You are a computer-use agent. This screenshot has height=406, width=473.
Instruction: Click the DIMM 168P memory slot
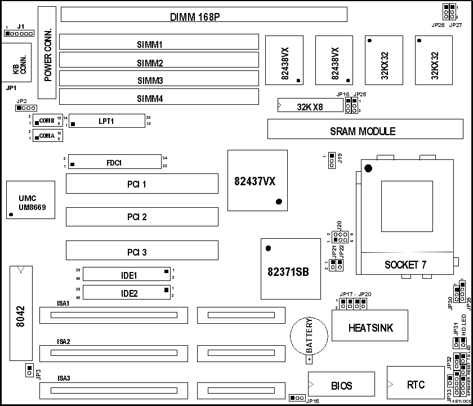coord(203,14)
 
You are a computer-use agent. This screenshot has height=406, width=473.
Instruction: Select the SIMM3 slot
coord(158,80)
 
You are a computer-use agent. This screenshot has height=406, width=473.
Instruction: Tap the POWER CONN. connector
coord(47,53)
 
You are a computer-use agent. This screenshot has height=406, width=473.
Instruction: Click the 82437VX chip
coord(257,180)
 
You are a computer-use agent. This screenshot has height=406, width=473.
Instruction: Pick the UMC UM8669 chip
coord(31,200)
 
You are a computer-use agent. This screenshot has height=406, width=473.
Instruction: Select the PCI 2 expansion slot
coord(142,217)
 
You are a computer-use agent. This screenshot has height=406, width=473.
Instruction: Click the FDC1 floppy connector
coord(115,163)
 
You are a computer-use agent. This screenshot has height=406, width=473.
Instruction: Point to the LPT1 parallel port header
coord(106,121)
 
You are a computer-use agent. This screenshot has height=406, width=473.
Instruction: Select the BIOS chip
coord(341,385)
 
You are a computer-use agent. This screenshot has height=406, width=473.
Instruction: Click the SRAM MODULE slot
coord(363,131)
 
